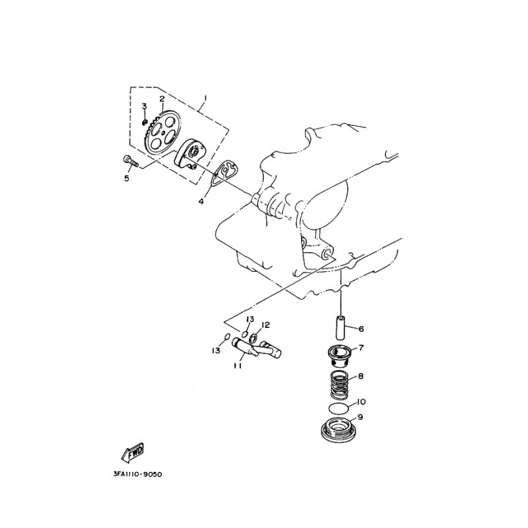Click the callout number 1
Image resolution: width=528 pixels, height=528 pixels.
(x=205, y=98)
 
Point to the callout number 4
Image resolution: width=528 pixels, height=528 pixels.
(x=201, y=201)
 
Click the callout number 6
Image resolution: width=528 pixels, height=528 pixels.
(x=361, y=329)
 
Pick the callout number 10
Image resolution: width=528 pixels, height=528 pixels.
(x=360, y=402)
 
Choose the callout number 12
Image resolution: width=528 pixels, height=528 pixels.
(x=265, y=325)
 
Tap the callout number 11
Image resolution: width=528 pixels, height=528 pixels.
(x=238, y=366)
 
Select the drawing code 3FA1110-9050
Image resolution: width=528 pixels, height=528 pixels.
(x=137, y=475)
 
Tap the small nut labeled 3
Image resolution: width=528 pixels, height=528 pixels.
(x=145, y=121)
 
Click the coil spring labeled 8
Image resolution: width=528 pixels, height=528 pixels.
(x=340, y=385)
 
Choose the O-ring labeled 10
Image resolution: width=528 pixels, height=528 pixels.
(x=339, y=407)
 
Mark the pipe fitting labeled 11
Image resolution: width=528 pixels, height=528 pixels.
(x=257, y=349)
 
